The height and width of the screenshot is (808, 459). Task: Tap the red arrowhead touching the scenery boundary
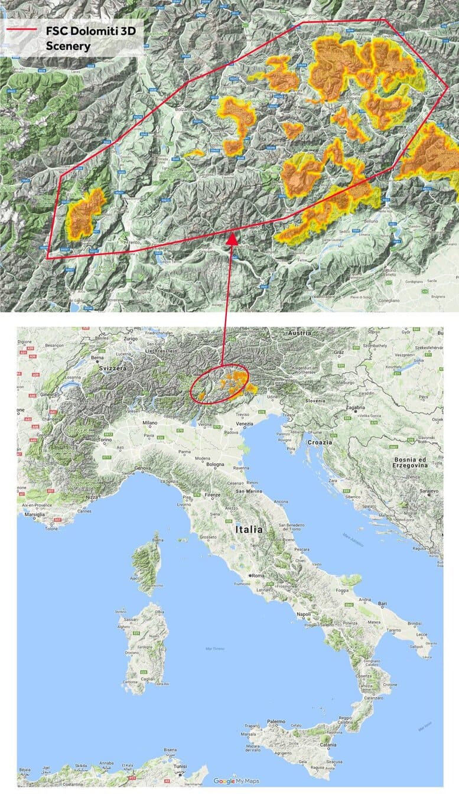tap(232, 239)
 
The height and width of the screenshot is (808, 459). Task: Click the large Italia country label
tap(249, 530)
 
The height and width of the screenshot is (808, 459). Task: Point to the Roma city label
tap(258, 575)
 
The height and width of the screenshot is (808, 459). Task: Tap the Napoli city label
tap(304, 615)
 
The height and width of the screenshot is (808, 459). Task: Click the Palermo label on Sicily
tap(275, 721)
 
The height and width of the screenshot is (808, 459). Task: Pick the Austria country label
tap(299, 333)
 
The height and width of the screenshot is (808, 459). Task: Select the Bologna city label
tap(216, 464)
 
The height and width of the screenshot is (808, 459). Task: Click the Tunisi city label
tap(172, 771)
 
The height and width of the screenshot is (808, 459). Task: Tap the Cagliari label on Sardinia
tap(147, 680)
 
